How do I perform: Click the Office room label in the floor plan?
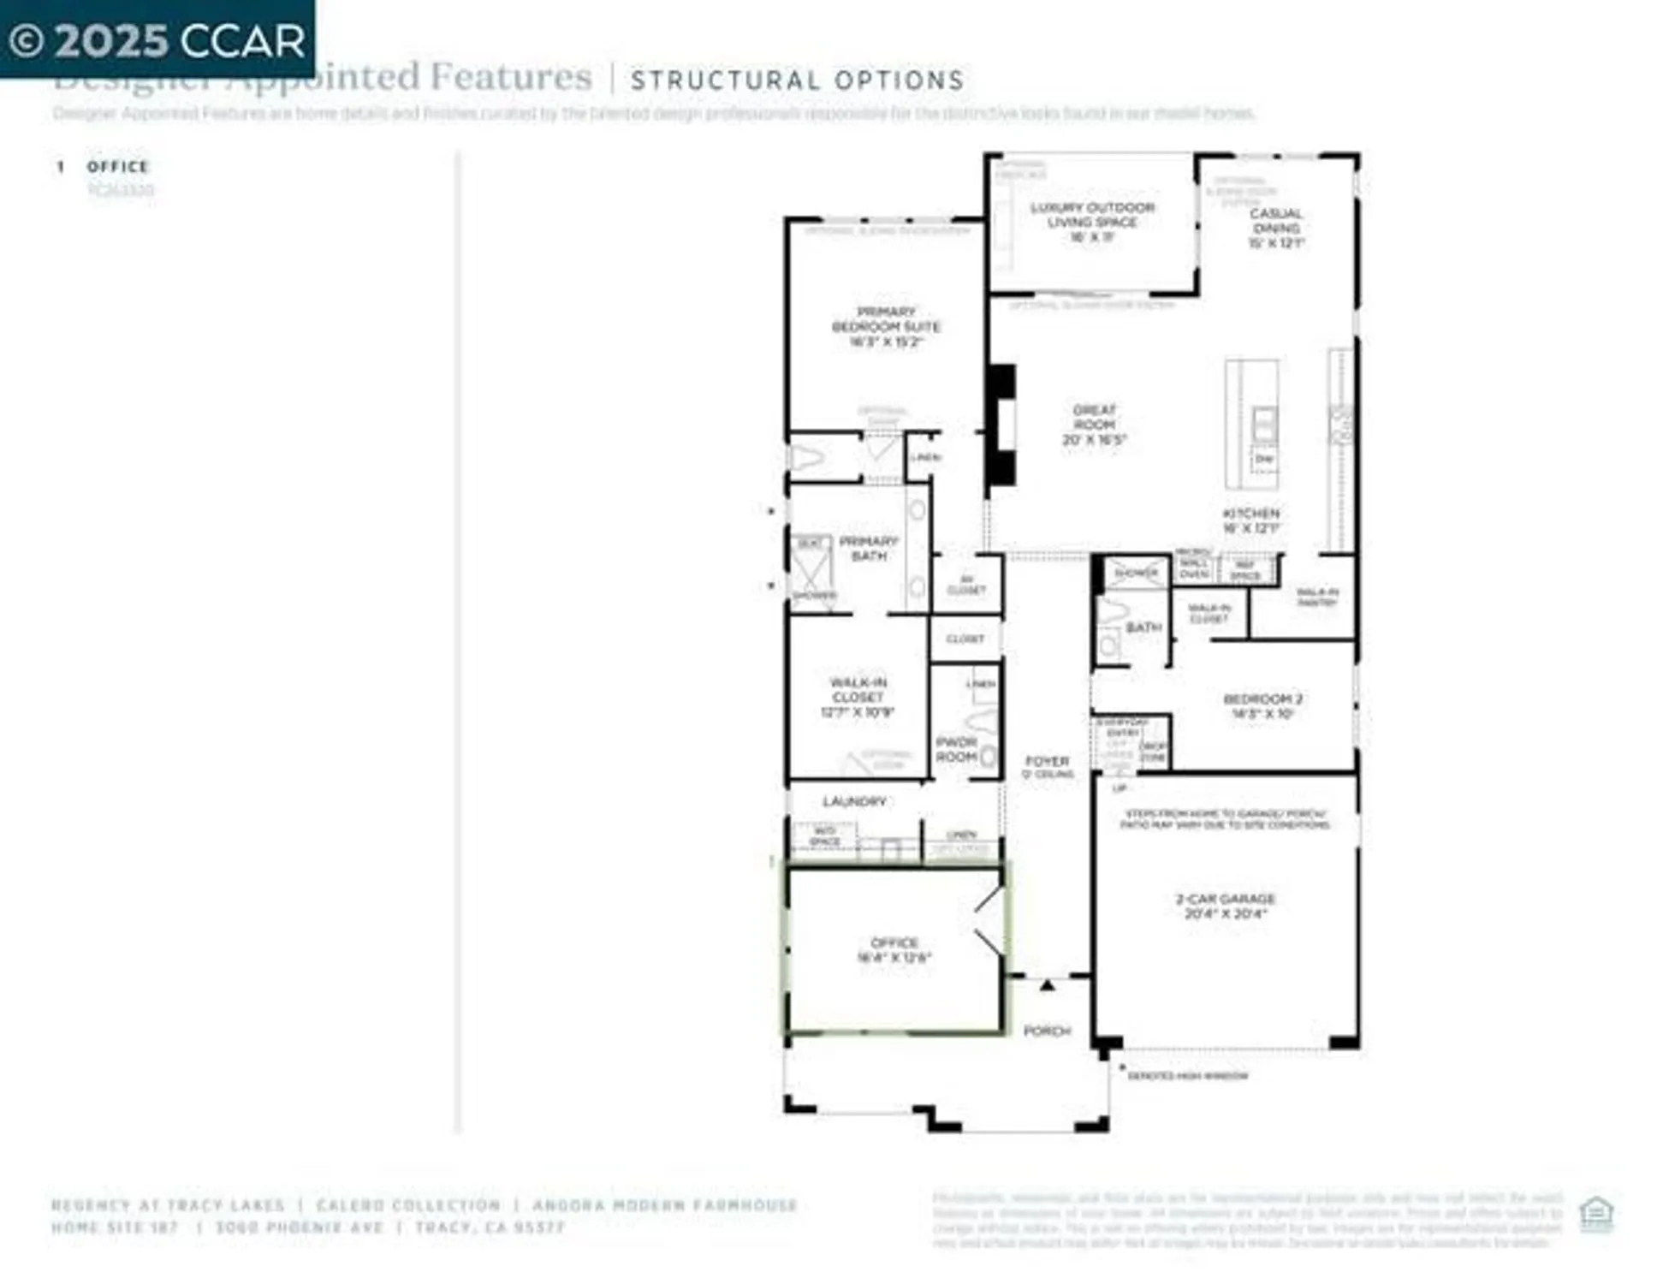[x=894, y=949]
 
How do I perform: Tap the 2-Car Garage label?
[x=1225, y=906]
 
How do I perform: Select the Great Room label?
[x=1094, y=425]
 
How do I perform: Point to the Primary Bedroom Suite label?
[x=886, y=326]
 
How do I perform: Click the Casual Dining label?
[x=1275, y=228]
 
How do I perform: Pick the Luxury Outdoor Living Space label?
[x=1092, y=222]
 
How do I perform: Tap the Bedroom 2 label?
[x=1262, y=705]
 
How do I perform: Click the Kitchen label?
[x=1250, y=520]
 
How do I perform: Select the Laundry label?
[x=854, y=801]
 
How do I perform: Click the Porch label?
[x=1047, y=1031]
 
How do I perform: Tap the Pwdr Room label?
[x=956, y=749]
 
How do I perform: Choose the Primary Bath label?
[x=869, y=548]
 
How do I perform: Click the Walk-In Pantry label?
[x=1316, y=597]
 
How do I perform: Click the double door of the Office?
[x=989, y=921]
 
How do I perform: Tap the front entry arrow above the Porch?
[x=1047, y=985]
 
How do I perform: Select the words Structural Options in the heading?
[x=798, y=80]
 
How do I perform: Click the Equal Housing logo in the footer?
[x=1596, y=1214]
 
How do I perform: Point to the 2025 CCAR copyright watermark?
[x=157, y=40]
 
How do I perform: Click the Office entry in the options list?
[x=118, y=167]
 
